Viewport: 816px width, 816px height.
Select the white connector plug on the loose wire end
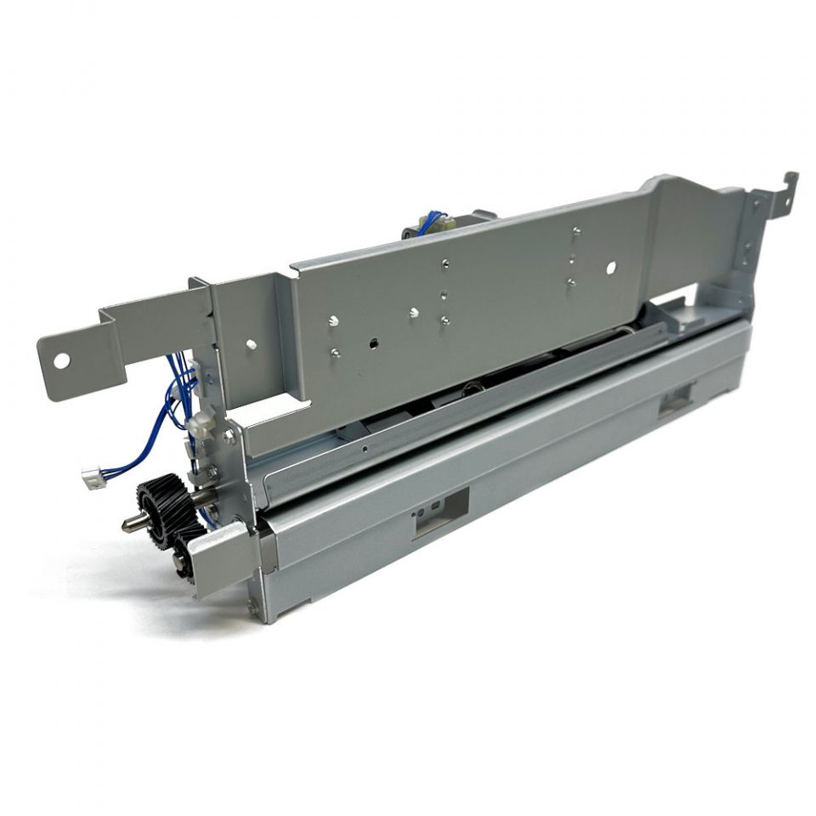tap(93, 479)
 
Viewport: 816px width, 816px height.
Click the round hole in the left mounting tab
tap(61, 360)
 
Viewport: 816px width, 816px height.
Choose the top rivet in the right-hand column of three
tap(577, 230)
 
